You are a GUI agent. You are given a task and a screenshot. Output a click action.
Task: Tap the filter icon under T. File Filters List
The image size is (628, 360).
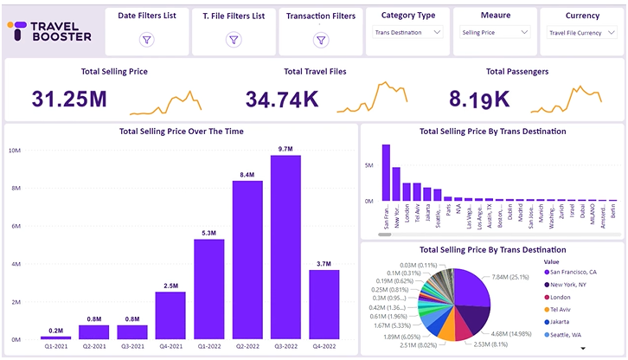click(x=234, y=40)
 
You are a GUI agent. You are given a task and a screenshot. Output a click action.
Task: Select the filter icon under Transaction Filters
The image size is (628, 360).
click(x=320, y=40)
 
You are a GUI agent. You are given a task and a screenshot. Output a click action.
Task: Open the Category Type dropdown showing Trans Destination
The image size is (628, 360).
click(x=408, y=32)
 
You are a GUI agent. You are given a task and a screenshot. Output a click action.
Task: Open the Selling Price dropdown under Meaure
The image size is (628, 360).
click(x=495, y=32)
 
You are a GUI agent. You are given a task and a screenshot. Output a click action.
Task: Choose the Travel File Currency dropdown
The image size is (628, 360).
click(x=581, y=32)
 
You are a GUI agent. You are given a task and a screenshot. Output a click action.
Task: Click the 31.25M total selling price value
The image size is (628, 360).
click(x=69, y=98)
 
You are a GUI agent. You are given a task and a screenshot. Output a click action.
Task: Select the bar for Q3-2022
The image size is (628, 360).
click(x=285, y=247)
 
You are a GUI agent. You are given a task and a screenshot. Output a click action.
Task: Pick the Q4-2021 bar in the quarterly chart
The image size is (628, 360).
click(x=171, y=315)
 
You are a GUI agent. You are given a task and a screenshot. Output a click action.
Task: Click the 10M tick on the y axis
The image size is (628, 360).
click(x=15, y=150)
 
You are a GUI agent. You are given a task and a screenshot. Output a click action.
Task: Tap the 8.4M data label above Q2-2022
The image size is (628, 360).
click(x=247, y=175)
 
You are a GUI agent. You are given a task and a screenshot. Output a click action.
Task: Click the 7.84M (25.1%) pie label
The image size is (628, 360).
click(x=516, y=278)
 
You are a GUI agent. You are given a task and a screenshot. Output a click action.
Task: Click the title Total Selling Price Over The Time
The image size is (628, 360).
click(x=181, y=132)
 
